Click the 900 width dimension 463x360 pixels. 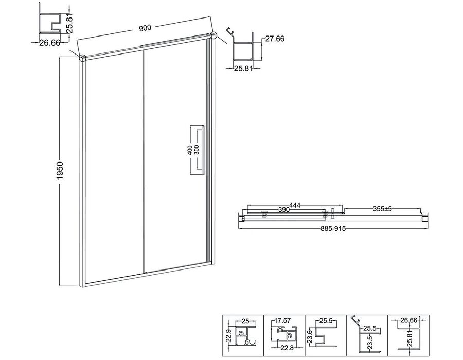[x=145, y=28]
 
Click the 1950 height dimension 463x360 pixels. [x=60, y=171]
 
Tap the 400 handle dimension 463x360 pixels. [x=190, y=150]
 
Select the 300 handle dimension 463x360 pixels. [x=197, y=150]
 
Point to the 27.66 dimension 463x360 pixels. [x=275, y=39]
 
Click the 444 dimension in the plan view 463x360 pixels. [x=295, y=205]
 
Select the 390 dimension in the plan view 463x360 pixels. [x=284, y=209]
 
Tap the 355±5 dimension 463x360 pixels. [x=382, y=209]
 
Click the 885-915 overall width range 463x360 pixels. [x=333, y=229]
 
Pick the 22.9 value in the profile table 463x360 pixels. [x=228, y=336]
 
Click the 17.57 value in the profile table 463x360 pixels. [x=282, y=320]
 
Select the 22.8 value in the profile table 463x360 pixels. [x=287, y=348]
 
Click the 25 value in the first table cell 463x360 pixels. [x=245, y=321]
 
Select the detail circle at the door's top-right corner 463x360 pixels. [x=213, y=35]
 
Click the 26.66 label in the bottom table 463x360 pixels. [x=408, y=320]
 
